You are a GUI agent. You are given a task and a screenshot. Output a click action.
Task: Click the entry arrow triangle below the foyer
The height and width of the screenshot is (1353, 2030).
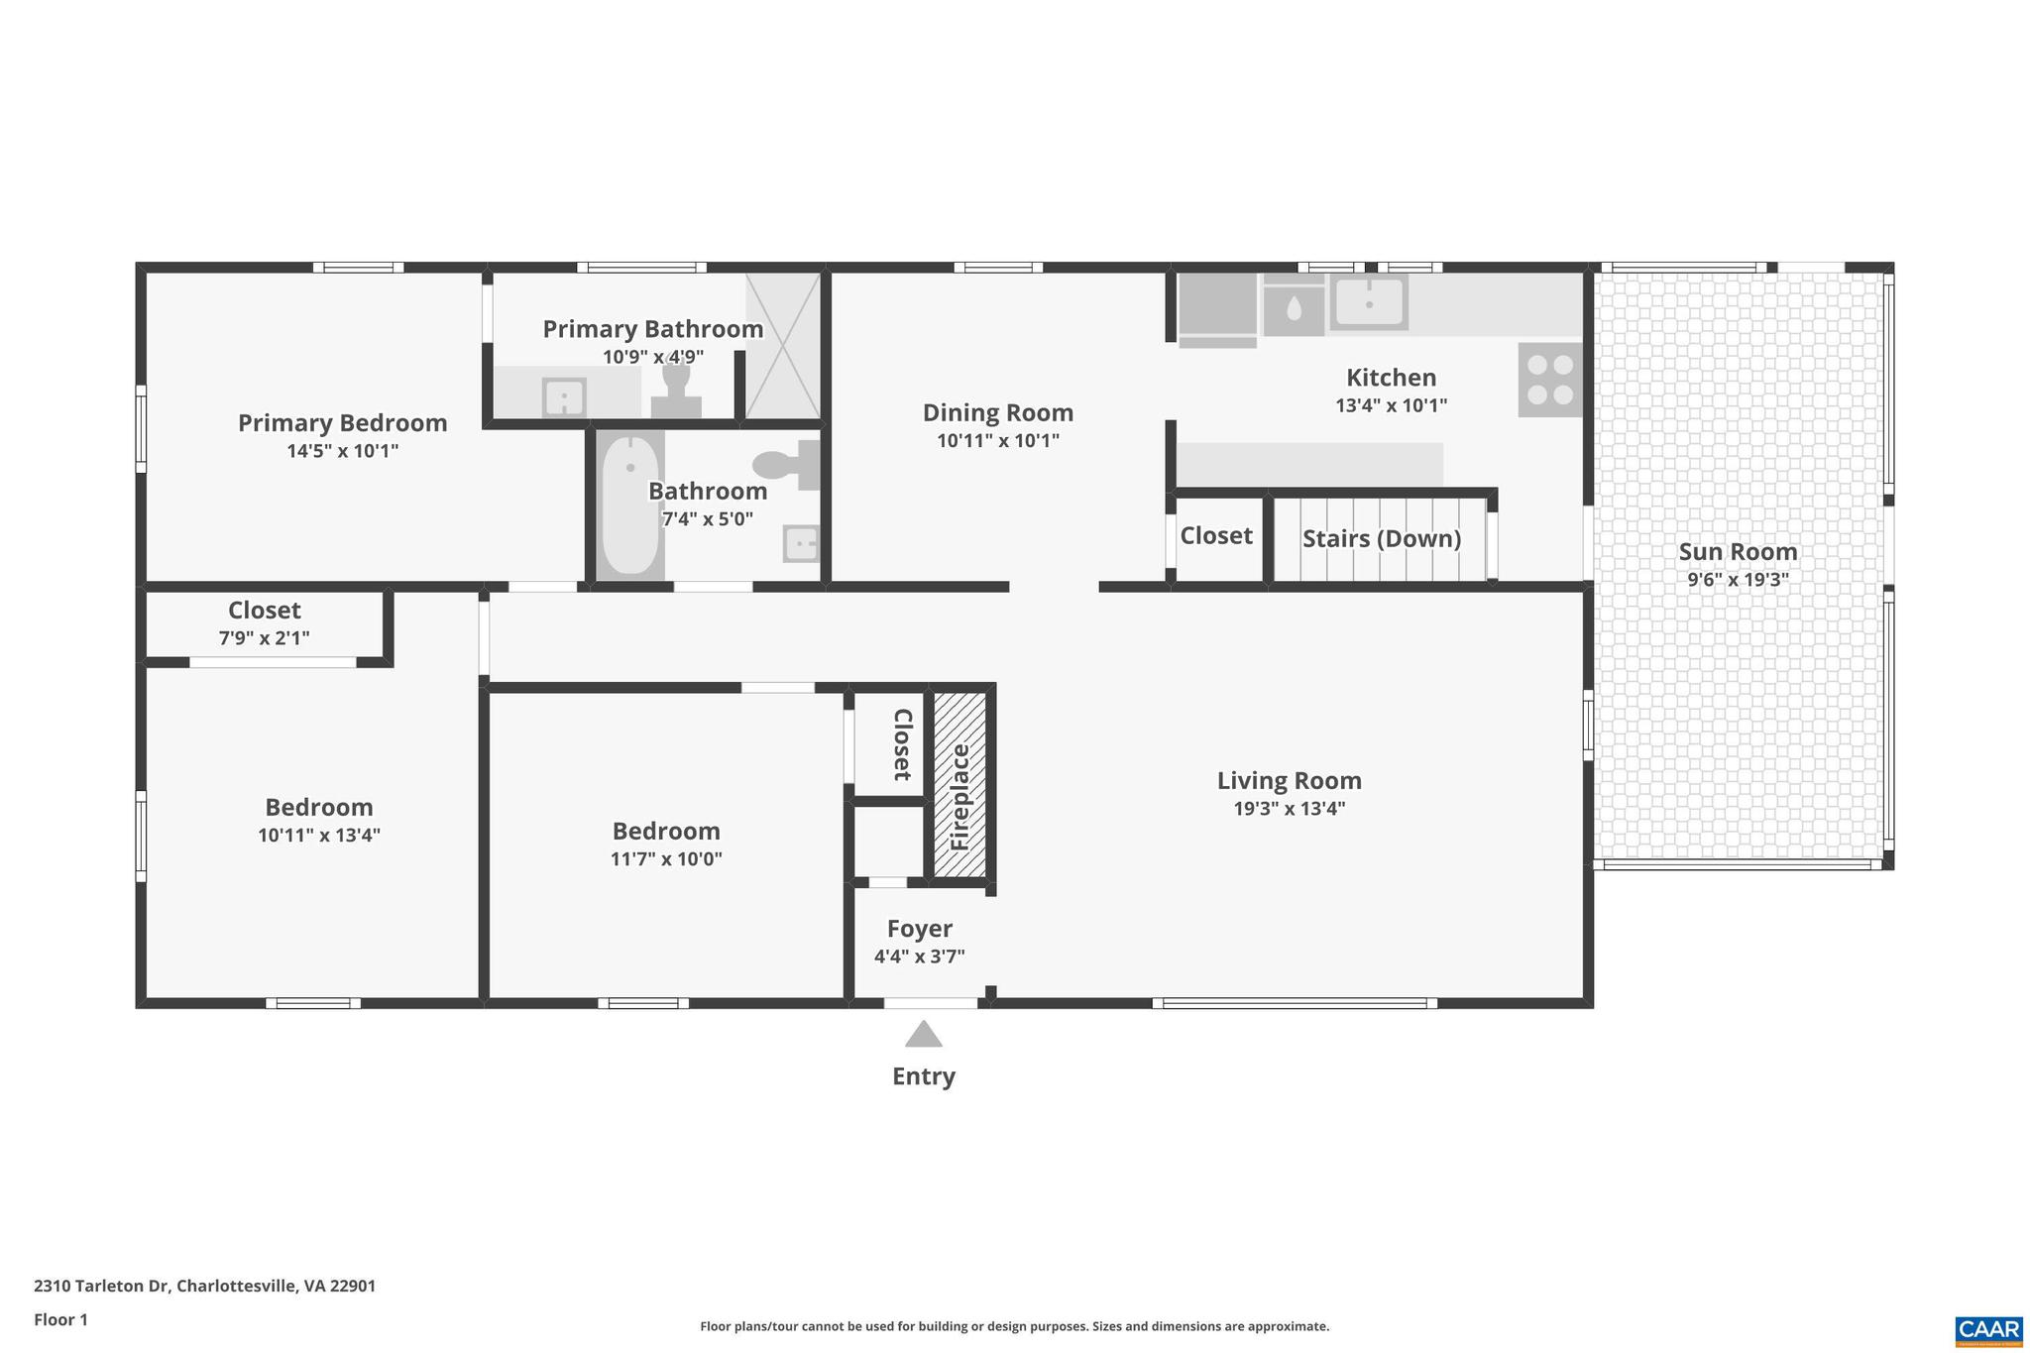923,1035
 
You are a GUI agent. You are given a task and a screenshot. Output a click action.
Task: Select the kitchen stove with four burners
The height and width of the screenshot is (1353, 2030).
1550,380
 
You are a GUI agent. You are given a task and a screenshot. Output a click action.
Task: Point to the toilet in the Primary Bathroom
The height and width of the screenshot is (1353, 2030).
676,391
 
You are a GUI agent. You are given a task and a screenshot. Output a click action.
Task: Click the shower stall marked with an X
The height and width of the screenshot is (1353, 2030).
782,345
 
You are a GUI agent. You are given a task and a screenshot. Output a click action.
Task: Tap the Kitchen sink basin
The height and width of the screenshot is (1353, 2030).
1368,301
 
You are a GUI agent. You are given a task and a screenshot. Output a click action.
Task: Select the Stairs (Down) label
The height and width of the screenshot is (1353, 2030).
1381,538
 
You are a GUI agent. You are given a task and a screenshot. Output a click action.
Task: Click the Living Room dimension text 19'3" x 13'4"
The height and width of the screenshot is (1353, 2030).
1289,808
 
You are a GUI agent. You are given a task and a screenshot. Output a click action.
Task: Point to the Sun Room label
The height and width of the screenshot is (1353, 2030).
1738,552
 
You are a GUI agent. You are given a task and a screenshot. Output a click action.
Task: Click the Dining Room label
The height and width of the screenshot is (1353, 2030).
997,412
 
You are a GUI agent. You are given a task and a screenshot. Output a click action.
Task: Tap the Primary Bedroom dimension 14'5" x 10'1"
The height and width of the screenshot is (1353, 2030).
342,451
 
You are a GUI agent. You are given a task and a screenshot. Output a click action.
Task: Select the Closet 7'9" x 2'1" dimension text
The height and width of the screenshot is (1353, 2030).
264,638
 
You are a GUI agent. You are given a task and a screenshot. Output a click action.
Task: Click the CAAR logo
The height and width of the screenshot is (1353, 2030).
1988,1329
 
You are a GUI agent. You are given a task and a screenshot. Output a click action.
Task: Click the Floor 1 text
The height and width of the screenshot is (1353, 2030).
60,1319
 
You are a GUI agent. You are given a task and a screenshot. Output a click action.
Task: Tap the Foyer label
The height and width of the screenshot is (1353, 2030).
919,929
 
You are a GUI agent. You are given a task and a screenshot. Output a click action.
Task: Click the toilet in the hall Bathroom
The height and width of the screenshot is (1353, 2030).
789,464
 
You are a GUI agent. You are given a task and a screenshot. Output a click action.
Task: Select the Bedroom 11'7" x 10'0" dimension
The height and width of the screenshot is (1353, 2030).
666,858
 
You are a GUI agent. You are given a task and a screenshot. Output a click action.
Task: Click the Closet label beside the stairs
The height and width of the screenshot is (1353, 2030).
1215,535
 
